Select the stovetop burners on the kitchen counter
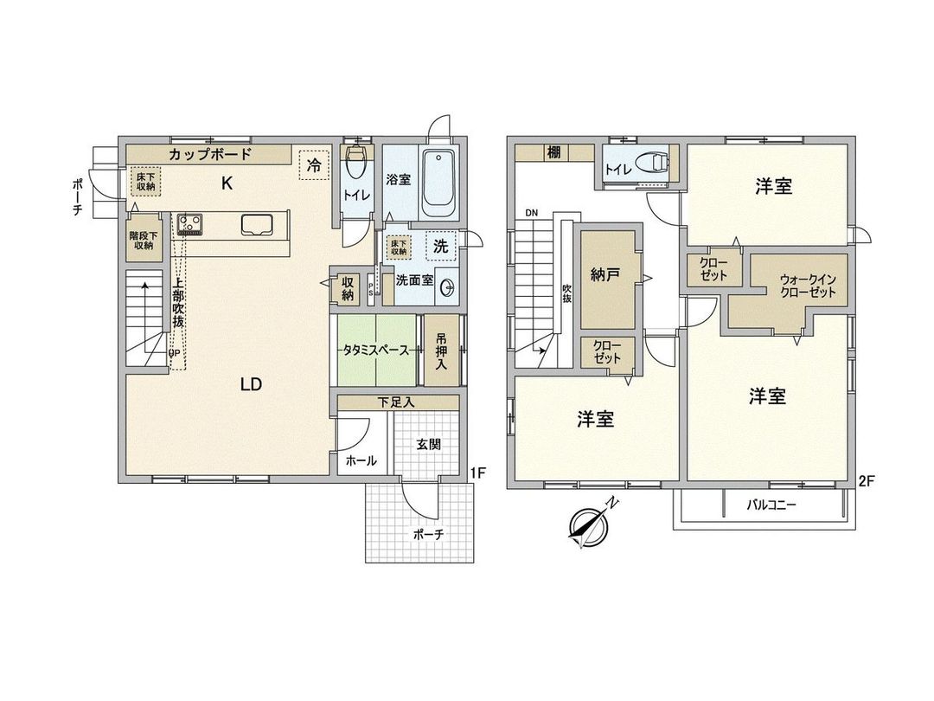coord(189,225)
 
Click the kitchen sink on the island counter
coord(257,225)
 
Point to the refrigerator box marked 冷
coord(313,164)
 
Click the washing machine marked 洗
coord(440,246)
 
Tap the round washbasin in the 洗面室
coord(447,288)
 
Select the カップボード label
coord(210,155)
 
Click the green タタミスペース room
coord(375,350)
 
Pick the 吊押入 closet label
coord(441,350)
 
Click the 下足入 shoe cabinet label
coord(396,402)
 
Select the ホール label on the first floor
coord(361,461)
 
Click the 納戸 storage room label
coord(605,278)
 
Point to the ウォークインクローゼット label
coord(808,286)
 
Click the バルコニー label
coord(771,505)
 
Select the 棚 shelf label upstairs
coord(553,152)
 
